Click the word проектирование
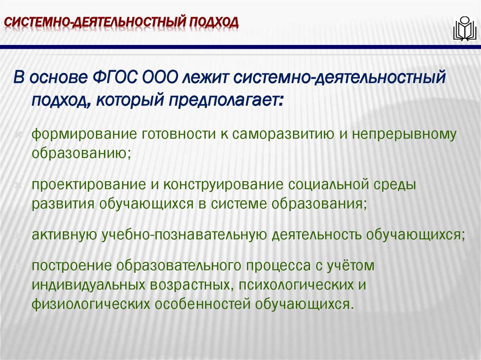pos(88,185)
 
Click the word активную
pos(64,235)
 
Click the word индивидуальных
pos(89,284)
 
